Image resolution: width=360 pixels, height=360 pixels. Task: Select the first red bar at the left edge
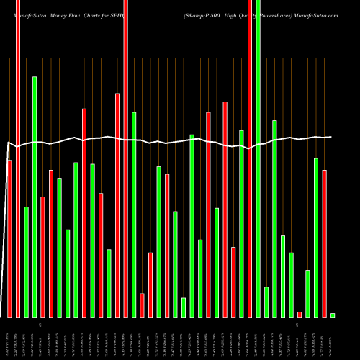[x=9, y=238]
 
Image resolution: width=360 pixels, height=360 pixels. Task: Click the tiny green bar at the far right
[x=333, y=315]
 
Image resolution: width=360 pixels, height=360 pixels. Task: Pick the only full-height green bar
[x=258, y=158]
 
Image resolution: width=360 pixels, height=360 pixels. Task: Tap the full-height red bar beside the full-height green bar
[x=250, y=158]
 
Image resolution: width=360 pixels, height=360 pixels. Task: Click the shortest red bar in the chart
[x=300, y=314]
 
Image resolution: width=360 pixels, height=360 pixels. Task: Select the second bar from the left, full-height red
[x=18, y=158]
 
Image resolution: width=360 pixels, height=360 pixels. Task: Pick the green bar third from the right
[x=316, y=237]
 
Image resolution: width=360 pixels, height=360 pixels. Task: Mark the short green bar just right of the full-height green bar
[x=266, y=302]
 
